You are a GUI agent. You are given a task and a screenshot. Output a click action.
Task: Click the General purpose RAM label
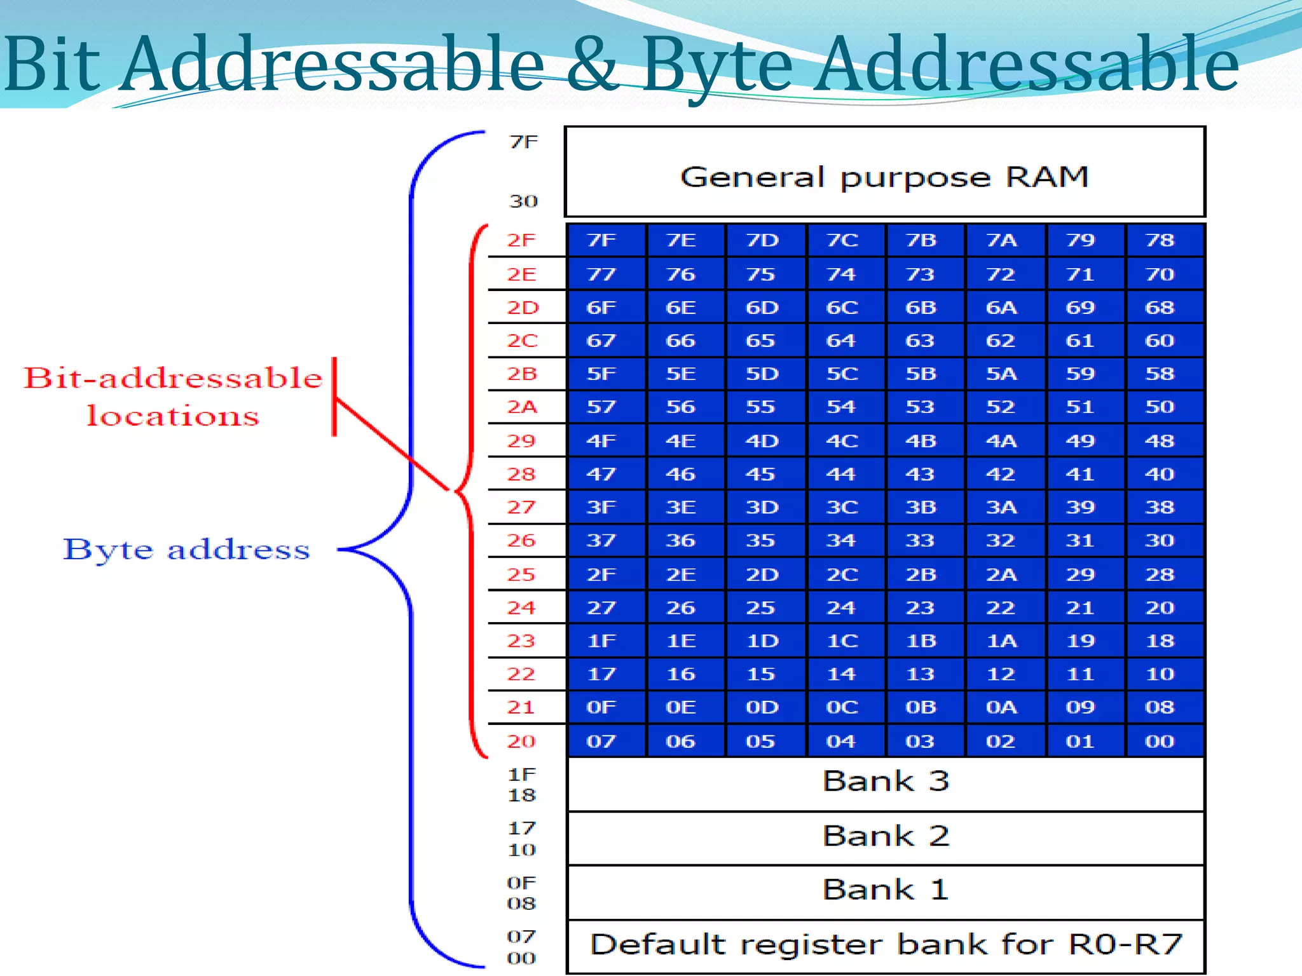coord(884,177)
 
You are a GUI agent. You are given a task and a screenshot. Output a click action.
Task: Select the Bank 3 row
coord(885,781)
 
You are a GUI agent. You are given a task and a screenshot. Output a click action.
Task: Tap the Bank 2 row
coord(885,836)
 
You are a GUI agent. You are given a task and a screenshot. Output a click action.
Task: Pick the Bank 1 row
coord(885,890)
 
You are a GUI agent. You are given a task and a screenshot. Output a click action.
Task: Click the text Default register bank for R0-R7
coord(885,945)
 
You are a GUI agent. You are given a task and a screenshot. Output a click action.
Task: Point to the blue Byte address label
coord(186,550)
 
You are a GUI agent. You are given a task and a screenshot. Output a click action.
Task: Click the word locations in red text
coord(173,416)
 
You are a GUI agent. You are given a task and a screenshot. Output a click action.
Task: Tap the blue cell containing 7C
coord(842,240)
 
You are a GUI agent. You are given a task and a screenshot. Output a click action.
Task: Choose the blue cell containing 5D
coord(762,374)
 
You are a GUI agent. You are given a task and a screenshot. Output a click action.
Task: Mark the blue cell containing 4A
coord(1001,441)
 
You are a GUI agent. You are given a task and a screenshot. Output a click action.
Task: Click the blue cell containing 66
coord(680,341)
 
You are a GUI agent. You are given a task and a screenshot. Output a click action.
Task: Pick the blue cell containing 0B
coord(921,707)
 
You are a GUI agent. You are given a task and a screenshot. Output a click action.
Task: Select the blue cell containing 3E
coord(680,508)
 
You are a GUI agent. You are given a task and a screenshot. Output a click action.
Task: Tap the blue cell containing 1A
coord(1001,641)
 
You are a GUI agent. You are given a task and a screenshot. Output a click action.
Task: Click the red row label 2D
coord(523,308)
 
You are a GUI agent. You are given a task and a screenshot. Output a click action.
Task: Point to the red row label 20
coord(521,742)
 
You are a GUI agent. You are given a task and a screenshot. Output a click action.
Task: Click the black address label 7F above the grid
coord(523,142)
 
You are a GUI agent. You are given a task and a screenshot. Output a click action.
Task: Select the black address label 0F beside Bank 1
coord(521,883)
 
